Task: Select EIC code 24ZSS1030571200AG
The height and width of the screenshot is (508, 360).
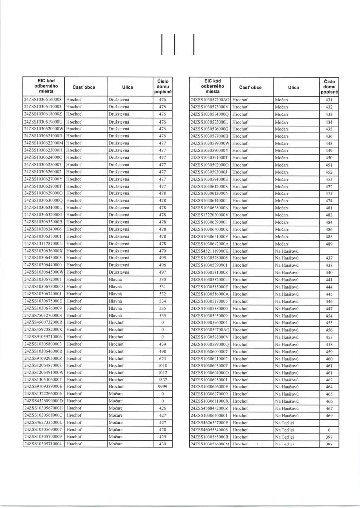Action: coord(210,99)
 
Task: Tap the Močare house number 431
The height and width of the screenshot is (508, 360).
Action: coord(329,99)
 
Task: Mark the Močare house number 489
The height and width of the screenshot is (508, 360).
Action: coord(329,244)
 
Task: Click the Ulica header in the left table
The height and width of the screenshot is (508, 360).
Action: coord(127,87)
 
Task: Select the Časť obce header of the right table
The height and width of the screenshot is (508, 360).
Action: coord(250,87)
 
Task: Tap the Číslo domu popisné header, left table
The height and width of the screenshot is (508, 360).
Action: coord(162,86)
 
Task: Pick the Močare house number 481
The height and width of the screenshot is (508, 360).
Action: coord(329,208)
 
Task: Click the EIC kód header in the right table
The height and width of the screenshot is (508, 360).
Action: coord(210,86)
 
